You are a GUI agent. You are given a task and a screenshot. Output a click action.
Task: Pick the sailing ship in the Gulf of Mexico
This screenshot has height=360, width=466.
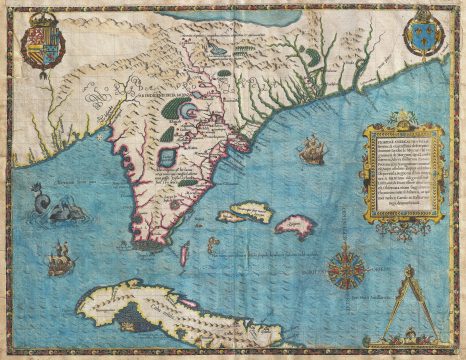[x=60, y=263]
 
